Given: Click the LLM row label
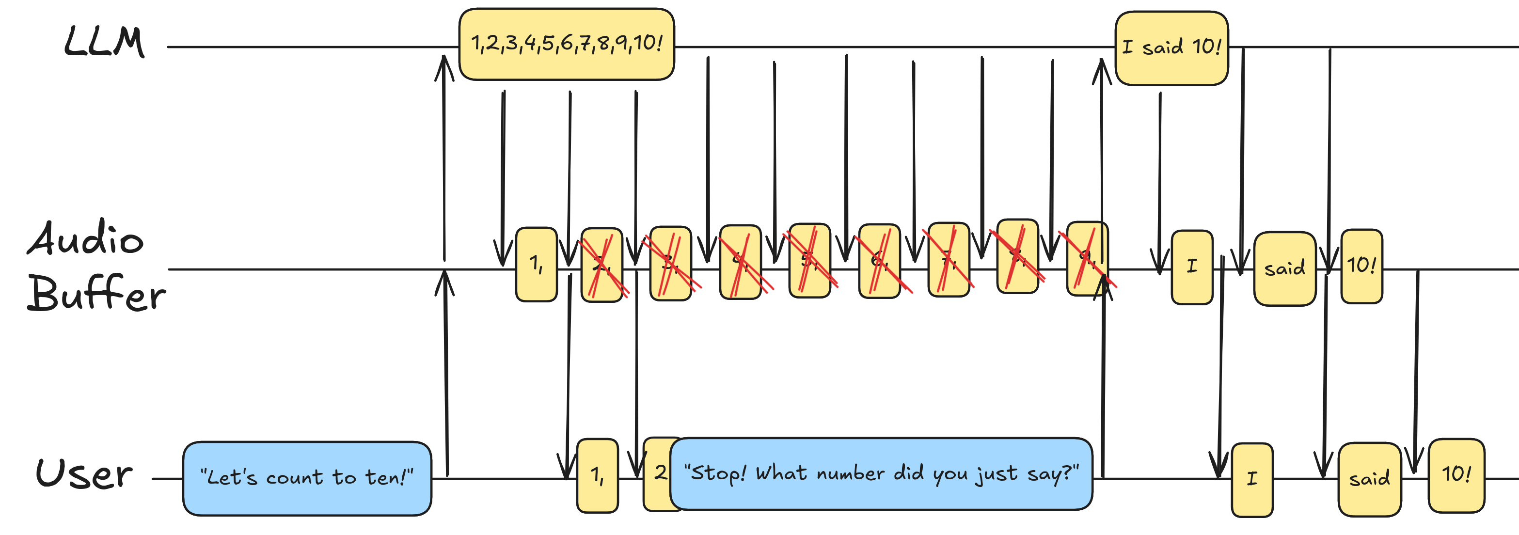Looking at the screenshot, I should click(x=104, y=43).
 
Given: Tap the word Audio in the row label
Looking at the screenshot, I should click(x=85, y=238).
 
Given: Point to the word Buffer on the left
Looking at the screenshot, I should click(x=96, y=293).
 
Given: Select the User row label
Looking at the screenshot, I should click(x=84, y=473).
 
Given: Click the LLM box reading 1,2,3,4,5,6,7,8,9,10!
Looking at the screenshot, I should click(x=566, y=44).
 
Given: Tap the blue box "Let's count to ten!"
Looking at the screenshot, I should click(x=307, y=478).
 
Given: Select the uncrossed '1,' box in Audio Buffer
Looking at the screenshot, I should click(x=536, y=264).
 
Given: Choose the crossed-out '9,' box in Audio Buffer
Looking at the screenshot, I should click(x=1087, y=258).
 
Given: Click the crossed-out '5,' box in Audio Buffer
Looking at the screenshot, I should click(x=809, y=261).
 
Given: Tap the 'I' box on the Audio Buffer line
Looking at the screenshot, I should click(x=1192, y=267).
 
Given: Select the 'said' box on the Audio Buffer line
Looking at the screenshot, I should click(x=1284, y=269).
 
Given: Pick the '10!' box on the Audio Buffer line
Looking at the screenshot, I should click(x=1361, y=266).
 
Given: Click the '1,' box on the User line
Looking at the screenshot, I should click(x=597, y=475).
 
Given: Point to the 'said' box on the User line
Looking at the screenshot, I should click(x=1369, y=479).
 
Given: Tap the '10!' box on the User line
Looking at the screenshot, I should click(x=1456, y=475).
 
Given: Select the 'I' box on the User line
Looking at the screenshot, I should click(x=1252, y=480).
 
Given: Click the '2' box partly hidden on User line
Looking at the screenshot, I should click(x=658, y=473).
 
